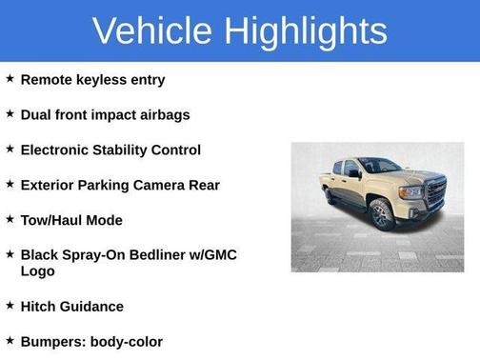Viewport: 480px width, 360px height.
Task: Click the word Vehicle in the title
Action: (152, 30)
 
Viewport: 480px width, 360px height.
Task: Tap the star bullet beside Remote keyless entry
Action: (10, 79)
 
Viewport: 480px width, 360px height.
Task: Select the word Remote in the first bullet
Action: (45, 80)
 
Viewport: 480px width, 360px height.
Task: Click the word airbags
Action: (164, 115)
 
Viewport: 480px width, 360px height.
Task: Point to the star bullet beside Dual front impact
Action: (10, 114)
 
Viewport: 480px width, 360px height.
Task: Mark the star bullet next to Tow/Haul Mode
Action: (10, 220)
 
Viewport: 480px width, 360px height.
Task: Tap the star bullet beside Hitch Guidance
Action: (10, 306)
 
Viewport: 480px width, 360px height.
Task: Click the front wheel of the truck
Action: (381, 213)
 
